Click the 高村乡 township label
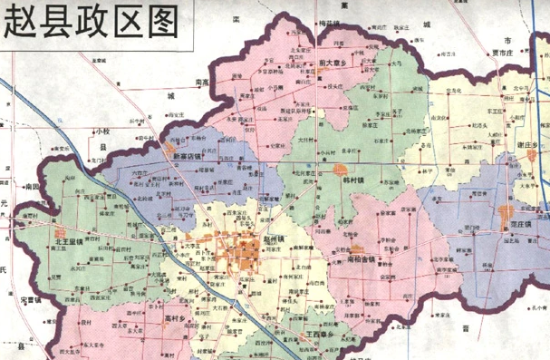pos(174,319)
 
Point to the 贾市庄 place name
pos(497,54)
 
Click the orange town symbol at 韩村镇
pos(340,170)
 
